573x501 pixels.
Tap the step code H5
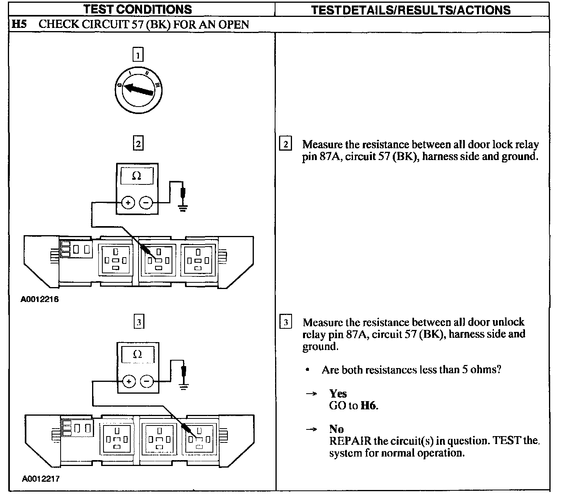click(x=18, y=24)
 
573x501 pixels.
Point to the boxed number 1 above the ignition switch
click(x=138, y=55)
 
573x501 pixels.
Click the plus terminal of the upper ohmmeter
click(x=128, y=203)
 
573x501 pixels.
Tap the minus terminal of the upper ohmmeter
click(x=146, y=203)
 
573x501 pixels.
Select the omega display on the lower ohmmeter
click(x=137, y=354)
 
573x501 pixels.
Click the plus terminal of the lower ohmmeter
click(x=129, y=381)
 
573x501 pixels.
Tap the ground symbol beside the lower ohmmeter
click(x=183, y=386)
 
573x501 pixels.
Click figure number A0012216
click(x=40, y=300)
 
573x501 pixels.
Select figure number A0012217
click(x=41, y=479)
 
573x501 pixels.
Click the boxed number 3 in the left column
click(x=139, y=322)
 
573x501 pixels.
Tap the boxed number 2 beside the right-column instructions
click(x=285, y=144)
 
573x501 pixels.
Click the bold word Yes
click(x=338, y=394)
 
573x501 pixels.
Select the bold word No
click(x=336, y=429)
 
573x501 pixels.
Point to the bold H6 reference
click(x=368, y=405)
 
